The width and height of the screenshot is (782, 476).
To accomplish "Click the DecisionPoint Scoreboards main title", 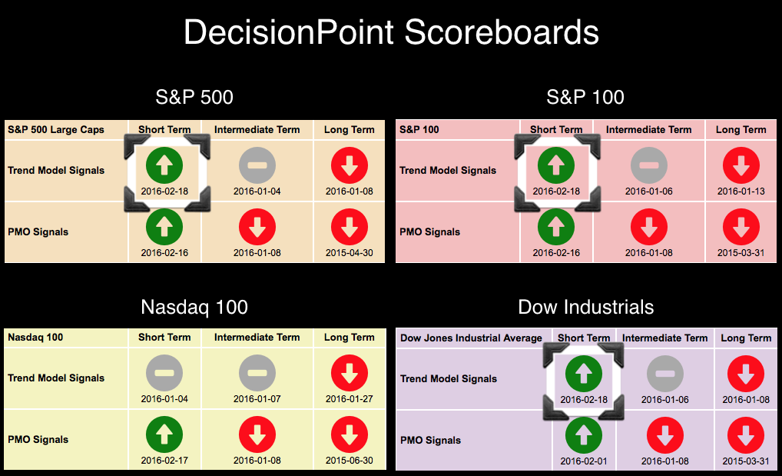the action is point(391,32).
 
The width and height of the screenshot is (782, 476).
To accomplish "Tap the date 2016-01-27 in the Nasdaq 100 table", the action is point(349,399).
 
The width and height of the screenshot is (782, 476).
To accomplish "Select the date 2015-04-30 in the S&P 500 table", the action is point(349,253).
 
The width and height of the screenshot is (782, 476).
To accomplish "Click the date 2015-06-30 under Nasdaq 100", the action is point(349,461).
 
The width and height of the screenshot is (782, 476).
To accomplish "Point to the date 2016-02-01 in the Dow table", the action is point(584,461).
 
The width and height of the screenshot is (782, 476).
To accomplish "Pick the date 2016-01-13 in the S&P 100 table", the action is point(741,191).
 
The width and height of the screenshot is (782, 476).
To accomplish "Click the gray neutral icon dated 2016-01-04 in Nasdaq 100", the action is point(164,373).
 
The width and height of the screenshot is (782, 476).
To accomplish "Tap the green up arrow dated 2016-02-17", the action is point(164,434).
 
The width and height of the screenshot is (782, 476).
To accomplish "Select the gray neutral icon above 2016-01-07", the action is point(257,373).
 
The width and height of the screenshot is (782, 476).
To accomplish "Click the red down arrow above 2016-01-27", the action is point(349,373).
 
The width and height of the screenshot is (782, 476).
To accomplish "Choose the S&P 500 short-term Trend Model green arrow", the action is point(164,165).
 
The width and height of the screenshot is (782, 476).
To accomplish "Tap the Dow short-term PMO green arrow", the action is point(584,435).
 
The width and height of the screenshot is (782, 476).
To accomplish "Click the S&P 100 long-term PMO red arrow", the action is point(741,227).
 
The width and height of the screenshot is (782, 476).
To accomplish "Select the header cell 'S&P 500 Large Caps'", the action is point(56,130).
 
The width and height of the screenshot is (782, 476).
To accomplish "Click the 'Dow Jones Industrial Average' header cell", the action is point(471,338).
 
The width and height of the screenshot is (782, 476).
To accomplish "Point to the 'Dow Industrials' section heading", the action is point(585,307).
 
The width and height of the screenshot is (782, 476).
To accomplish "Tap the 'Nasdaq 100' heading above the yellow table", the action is point(194,307).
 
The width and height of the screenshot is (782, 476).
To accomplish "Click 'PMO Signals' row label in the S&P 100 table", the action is point(429,231).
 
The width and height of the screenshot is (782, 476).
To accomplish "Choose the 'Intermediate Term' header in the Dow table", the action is point(664,338).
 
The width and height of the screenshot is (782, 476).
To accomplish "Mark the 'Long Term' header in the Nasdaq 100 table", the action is point(349,338).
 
